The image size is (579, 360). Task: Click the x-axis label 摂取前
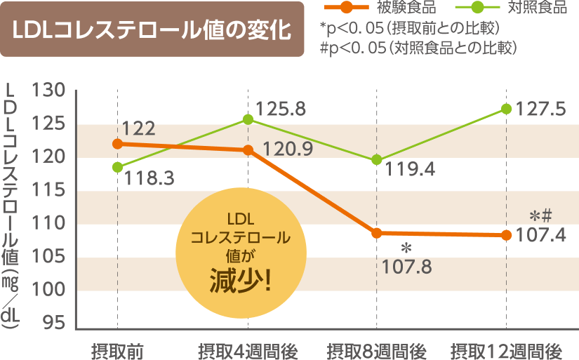117,349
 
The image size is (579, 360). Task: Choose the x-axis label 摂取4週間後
248,349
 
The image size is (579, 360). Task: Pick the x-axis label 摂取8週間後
376,349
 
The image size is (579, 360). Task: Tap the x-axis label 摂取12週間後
506,349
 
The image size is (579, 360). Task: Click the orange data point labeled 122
117,144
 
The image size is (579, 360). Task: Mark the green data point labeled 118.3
117,167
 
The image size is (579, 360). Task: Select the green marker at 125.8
248,119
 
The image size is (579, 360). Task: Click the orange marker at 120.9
248,150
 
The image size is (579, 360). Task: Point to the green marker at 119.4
377,160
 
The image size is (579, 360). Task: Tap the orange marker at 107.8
377,233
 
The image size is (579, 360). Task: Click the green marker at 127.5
506,109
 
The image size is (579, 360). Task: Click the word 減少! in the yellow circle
240,282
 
